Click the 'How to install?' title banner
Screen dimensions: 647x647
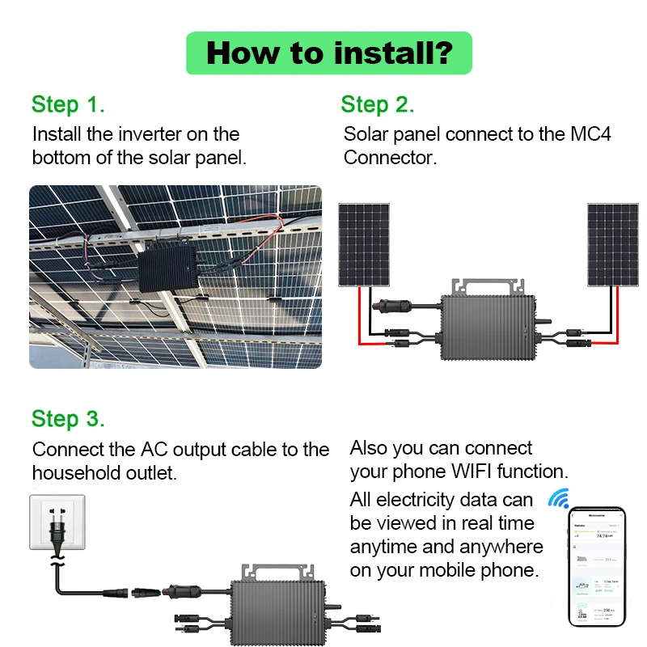point(328,53)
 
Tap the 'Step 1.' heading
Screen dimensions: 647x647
point(68,104)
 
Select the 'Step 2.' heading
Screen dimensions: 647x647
point(377,104)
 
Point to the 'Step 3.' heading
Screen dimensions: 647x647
point(68,419)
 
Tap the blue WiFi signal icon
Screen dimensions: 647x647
point(558,497)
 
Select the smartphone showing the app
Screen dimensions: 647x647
point(597,566)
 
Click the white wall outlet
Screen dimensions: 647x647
point(57,522)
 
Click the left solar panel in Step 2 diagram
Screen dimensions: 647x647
point(364,244)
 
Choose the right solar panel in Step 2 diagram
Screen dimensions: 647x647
point(612,244)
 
